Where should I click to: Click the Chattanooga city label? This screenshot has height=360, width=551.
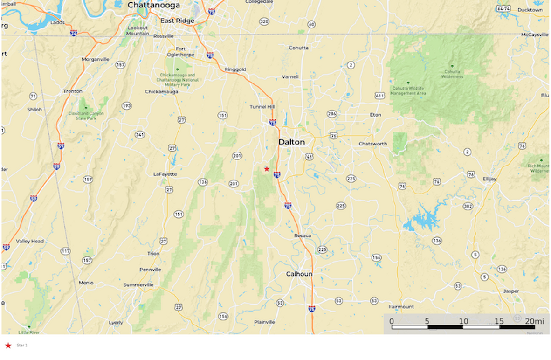pyautogui.click(x=153, y=5)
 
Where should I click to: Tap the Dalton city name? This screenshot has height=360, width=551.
pyautogui.click(x=291, y=142)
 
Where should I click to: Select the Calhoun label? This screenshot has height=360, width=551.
pyautogui.click(x=299, y=274)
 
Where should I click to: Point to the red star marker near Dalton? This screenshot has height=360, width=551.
pyautogui.click(x=267, y=169)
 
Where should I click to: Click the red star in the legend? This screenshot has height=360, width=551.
pyautogui.click(x=8, y=346)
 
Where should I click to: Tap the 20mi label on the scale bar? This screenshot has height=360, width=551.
pyautogui.click(x=534, y=321)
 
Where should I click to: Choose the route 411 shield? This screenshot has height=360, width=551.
pyautogui.click(x=379, y=96)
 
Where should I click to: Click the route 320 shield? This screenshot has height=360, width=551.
pyautogui.click(x=264, y=21)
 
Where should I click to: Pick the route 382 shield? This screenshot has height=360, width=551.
pyautogui.click(x=468, y=206)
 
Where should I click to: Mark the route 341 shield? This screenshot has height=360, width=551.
pyautogui.click(x=140, y=135)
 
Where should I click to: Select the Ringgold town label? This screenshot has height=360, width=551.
pyautogui.click(x=235, y=69)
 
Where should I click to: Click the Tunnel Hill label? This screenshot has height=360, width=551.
pyautogui.click(x=262, y=107)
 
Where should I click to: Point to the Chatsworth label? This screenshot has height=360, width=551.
pyautogui.click(x=372, y=144)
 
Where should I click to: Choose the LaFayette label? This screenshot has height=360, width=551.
pyautogui.click(x=165, y=174)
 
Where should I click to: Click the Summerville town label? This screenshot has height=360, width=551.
pyautogui.click(x=138, y=284)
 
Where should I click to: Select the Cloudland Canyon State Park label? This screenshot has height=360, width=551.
pyautogui.click(x=86, y=116)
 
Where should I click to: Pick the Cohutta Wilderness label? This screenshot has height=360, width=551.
pyautogui.click(x=452, y=74)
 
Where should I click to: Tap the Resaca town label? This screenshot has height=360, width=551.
pyautogui.click(x=303, y=236)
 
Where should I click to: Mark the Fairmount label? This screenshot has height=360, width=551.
pyautogui.click(x=401, y=307)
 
